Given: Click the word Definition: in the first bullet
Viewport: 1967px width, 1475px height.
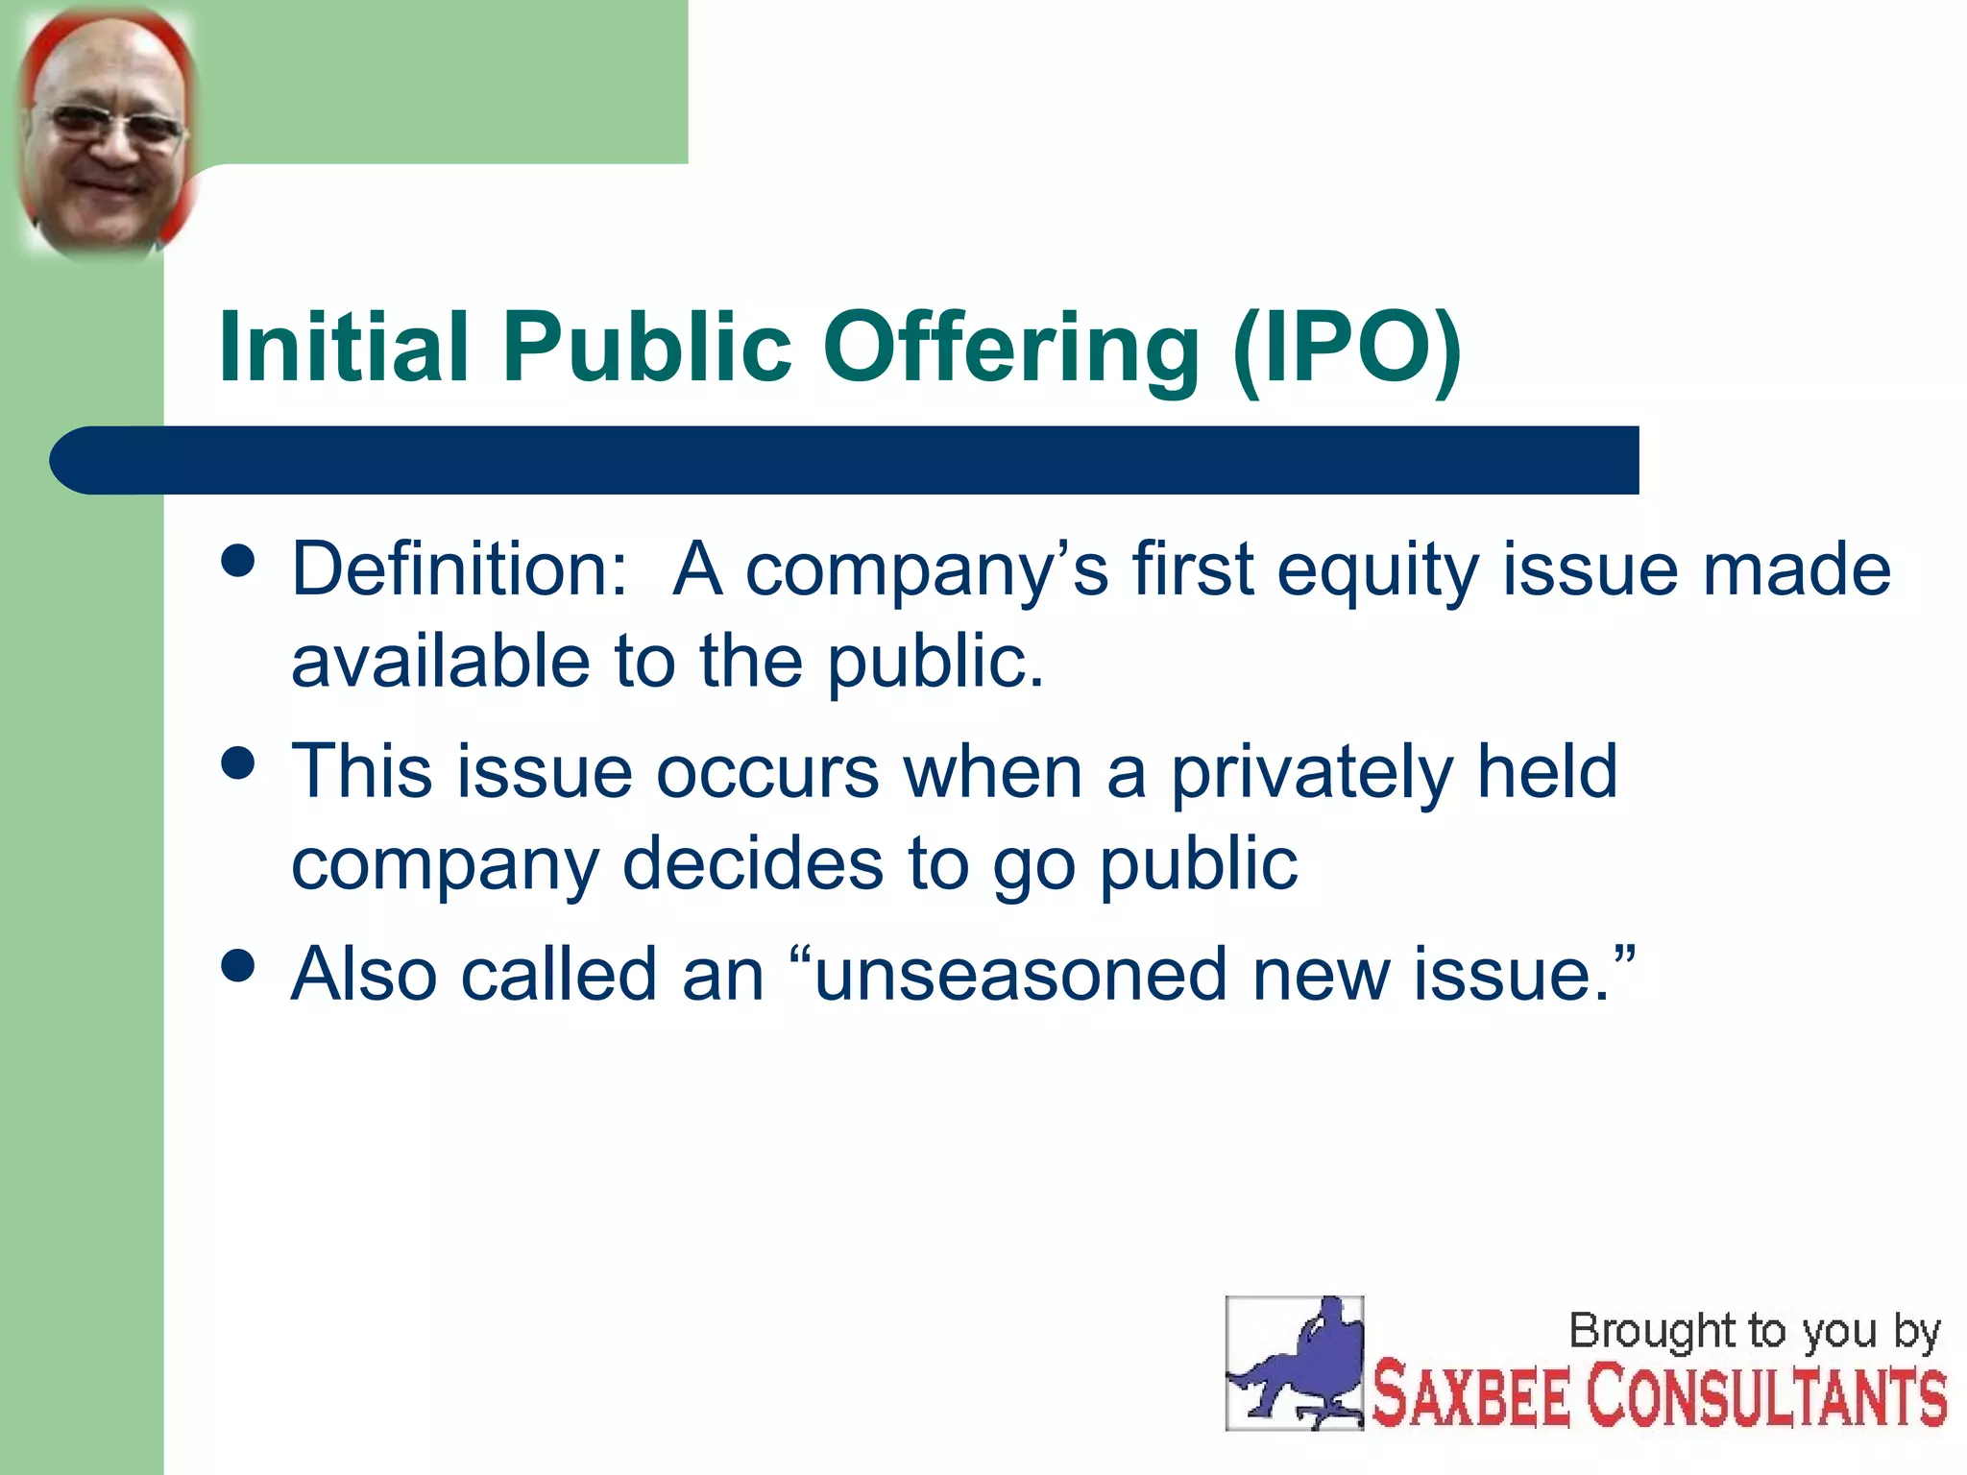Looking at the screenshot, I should tap(459, 568).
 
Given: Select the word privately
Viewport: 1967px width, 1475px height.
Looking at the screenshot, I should tap(1310, 774).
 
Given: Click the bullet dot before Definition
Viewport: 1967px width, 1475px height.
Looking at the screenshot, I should tap(237, 561).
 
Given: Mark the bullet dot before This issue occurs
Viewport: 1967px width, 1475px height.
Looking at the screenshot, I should tap(237, 763).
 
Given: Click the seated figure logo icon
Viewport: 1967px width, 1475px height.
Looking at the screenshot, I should tap(1294, 1364).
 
